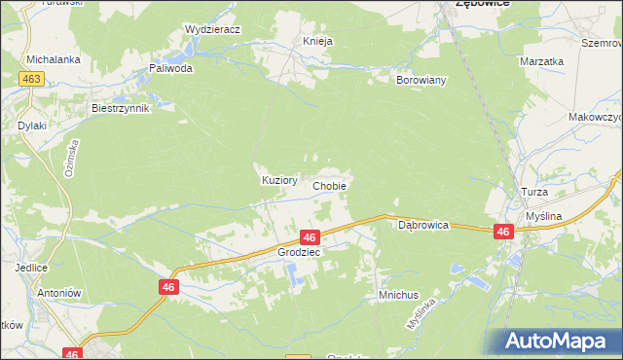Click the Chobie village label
[x=329, y=185]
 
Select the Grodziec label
[x=299, y=251]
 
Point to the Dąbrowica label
[x=423, y=225]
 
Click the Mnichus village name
[x=397, y=294]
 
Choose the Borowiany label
[x=421, y=80]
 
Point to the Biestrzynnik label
[x=120, y=108]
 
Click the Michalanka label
[x=53, y=59]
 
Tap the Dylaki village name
[x=32, y=126]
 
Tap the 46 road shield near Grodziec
[x=310, y=237]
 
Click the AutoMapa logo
[x=560, y=341]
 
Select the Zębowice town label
[x=485, y=5]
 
